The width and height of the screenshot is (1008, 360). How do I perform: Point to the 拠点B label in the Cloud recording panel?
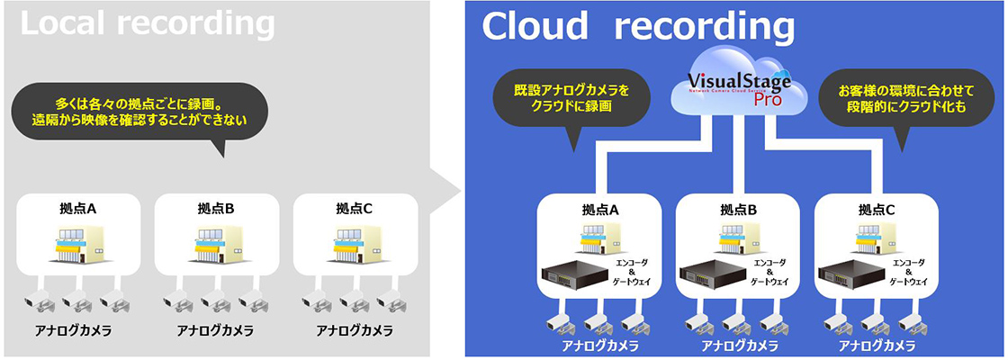739,210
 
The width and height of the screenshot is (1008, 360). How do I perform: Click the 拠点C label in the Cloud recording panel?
877,210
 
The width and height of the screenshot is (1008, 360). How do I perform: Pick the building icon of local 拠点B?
216,244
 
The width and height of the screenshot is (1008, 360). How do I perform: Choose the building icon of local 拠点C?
355,244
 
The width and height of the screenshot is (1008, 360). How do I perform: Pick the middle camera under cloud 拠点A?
597,322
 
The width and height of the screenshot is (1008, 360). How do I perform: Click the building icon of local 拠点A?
77,244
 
